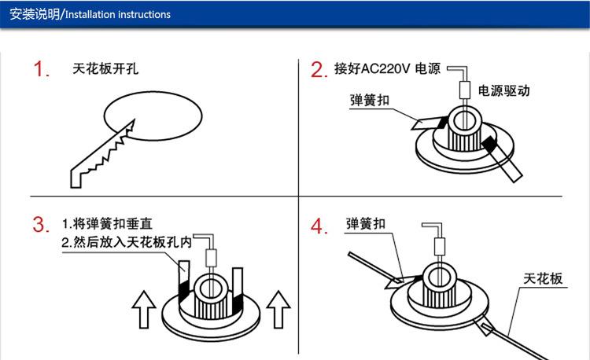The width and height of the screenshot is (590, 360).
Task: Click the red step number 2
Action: (319, 70)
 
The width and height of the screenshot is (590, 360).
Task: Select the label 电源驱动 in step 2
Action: (504, 91)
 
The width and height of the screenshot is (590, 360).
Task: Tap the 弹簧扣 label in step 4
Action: (366, 223)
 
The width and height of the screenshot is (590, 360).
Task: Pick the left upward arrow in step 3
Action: (142, 308)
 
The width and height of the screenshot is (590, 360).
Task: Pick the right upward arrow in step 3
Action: (278, 308)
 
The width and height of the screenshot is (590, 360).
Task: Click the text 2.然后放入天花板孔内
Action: (127, 243)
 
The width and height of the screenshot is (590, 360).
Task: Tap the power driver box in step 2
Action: (465, 89)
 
